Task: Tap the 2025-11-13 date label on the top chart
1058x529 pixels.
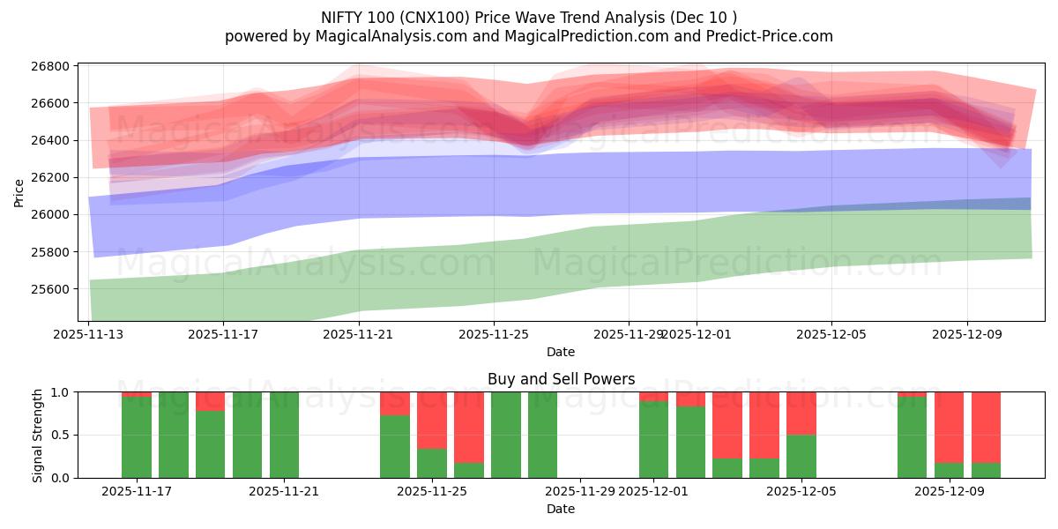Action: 88,334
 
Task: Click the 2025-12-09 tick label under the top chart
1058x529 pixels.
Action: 967,334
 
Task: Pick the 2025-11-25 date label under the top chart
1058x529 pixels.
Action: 493,334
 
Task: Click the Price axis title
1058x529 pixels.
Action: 19,192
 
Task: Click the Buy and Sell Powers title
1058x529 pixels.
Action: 561,379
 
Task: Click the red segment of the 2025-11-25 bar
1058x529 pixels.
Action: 432,420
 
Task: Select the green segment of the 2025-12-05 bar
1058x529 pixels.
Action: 801,456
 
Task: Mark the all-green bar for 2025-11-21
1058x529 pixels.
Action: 284,435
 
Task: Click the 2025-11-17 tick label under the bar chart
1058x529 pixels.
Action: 137,491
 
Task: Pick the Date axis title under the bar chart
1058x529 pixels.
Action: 561,509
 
